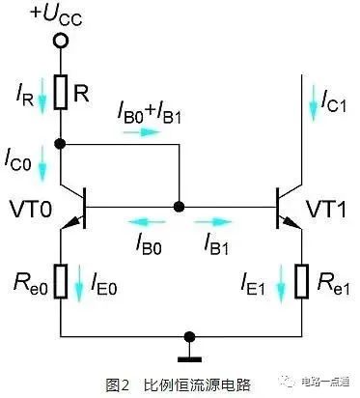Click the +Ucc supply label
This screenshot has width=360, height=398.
click(x=59, y=18)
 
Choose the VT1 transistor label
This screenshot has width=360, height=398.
click(x=327, y=209)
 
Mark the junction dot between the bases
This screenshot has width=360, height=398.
click(x=178, y=207)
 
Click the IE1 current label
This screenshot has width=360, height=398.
click(x=254, y=285)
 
